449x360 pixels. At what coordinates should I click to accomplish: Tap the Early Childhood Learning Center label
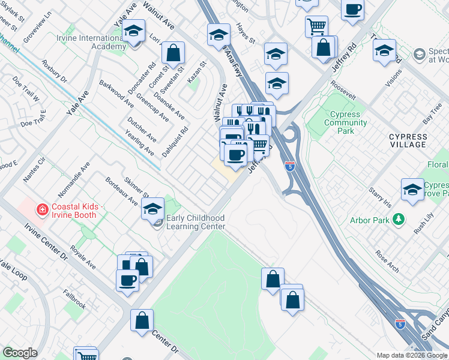pos(195,222)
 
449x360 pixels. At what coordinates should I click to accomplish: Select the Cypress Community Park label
pos(345,122)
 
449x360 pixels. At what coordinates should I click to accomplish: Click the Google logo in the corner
pos(20,353)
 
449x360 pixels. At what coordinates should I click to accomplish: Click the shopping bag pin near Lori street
pos(173,53)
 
